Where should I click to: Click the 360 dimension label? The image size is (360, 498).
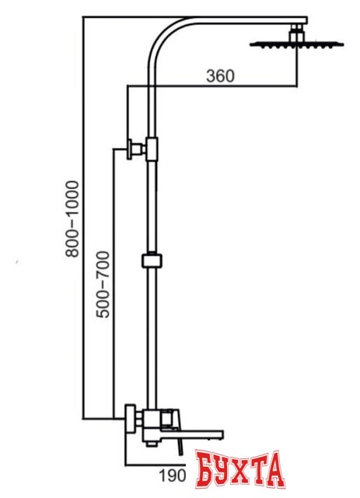tap(220, 76)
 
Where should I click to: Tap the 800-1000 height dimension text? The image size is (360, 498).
tap(72, 219)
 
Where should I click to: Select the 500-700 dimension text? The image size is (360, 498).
tap(103, 285)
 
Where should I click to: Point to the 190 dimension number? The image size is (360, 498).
tap(172, 475)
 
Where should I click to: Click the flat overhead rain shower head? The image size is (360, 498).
tap(297, 45)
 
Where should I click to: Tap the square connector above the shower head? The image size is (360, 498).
tap(297, 33)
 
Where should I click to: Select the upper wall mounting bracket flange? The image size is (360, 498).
tap(130, 149)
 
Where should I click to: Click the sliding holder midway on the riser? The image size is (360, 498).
tap(152, 261)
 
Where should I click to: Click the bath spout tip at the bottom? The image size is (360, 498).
tap(219, 435)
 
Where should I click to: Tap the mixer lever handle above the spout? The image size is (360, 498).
tap(170, 419)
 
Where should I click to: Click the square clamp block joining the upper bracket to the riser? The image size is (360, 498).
tap(152, 149)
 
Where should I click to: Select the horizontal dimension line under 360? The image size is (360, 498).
tap(212, 86)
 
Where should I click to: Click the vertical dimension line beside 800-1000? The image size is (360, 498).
tap(83, 218)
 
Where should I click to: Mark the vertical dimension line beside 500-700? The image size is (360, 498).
tap(114, 283)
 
